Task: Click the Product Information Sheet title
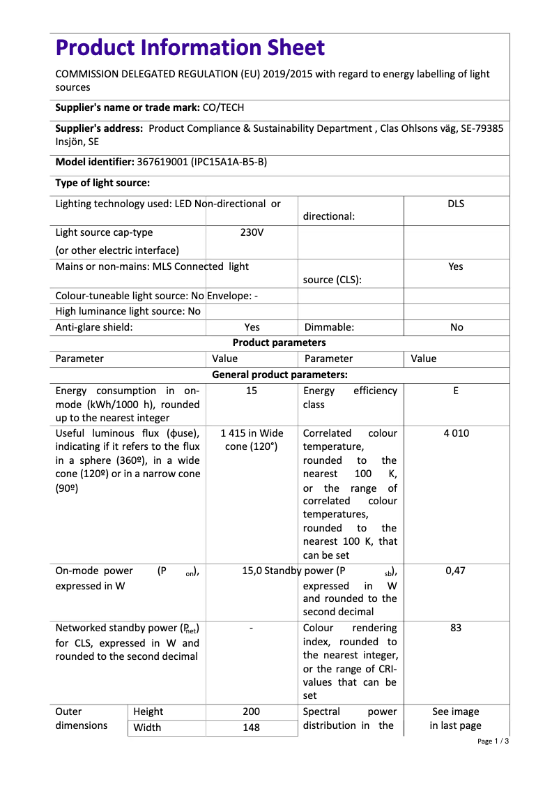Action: [x=190, y=48]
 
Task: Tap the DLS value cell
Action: [x=456, y=204]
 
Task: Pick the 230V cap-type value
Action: [x=252, y=232]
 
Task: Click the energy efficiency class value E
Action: [x=456, y=391]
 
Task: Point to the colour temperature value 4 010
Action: [x=456, y=433]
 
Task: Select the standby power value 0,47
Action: [x=456, y=571]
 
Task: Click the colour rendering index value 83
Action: [x=456, y=628]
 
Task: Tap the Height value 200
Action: [x=252, y=711]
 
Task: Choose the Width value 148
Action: [x=252, y=728]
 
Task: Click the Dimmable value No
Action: [x=456, y=327]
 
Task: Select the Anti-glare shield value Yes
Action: [x=252, y=327]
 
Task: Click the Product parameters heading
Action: [x=279, y=342]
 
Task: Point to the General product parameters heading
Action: [x=279, y=375]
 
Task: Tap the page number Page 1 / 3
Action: [x=493, y=741]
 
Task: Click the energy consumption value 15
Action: [x=252, y=391]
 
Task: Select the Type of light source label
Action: [x=102, y=183]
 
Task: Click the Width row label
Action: [x=147, y=728]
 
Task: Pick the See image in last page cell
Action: [x=456, y=718]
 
